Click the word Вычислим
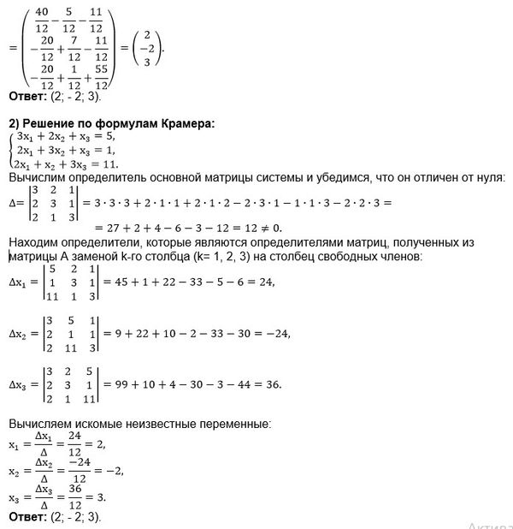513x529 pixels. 35,177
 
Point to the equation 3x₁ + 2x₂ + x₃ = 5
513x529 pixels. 70,134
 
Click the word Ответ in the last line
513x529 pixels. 27,517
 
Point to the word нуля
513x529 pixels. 490,177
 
